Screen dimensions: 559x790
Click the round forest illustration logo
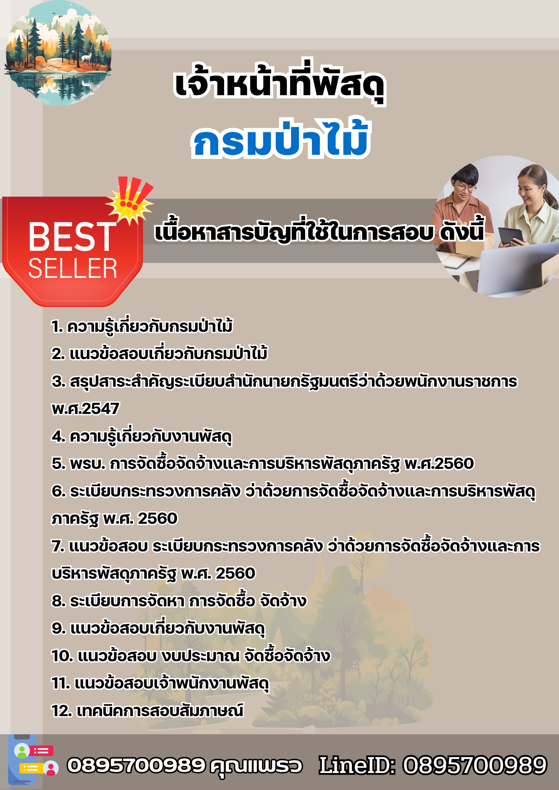[x=58, y=53]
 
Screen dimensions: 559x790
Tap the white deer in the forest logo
[x=86, y=58]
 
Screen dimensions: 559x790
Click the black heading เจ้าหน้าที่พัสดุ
[x=279, y=83]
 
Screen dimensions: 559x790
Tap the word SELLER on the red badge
[x=73, y=269]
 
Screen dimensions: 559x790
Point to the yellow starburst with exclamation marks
[x=130, y=200]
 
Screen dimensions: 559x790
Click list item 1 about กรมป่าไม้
[x=142, y=326]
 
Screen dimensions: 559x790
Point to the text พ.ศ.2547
[x=85, y=408]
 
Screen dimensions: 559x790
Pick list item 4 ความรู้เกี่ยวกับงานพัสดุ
[x=142, y=436]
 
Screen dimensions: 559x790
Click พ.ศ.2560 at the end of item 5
[x=439, y=463]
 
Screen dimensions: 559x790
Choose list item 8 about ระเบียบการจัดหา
[x=179, y=601]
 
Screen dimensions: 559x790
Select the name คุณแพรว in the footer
[x=256, y=766]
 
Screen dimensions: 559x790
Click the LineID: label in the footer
[x=357, y=765]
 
